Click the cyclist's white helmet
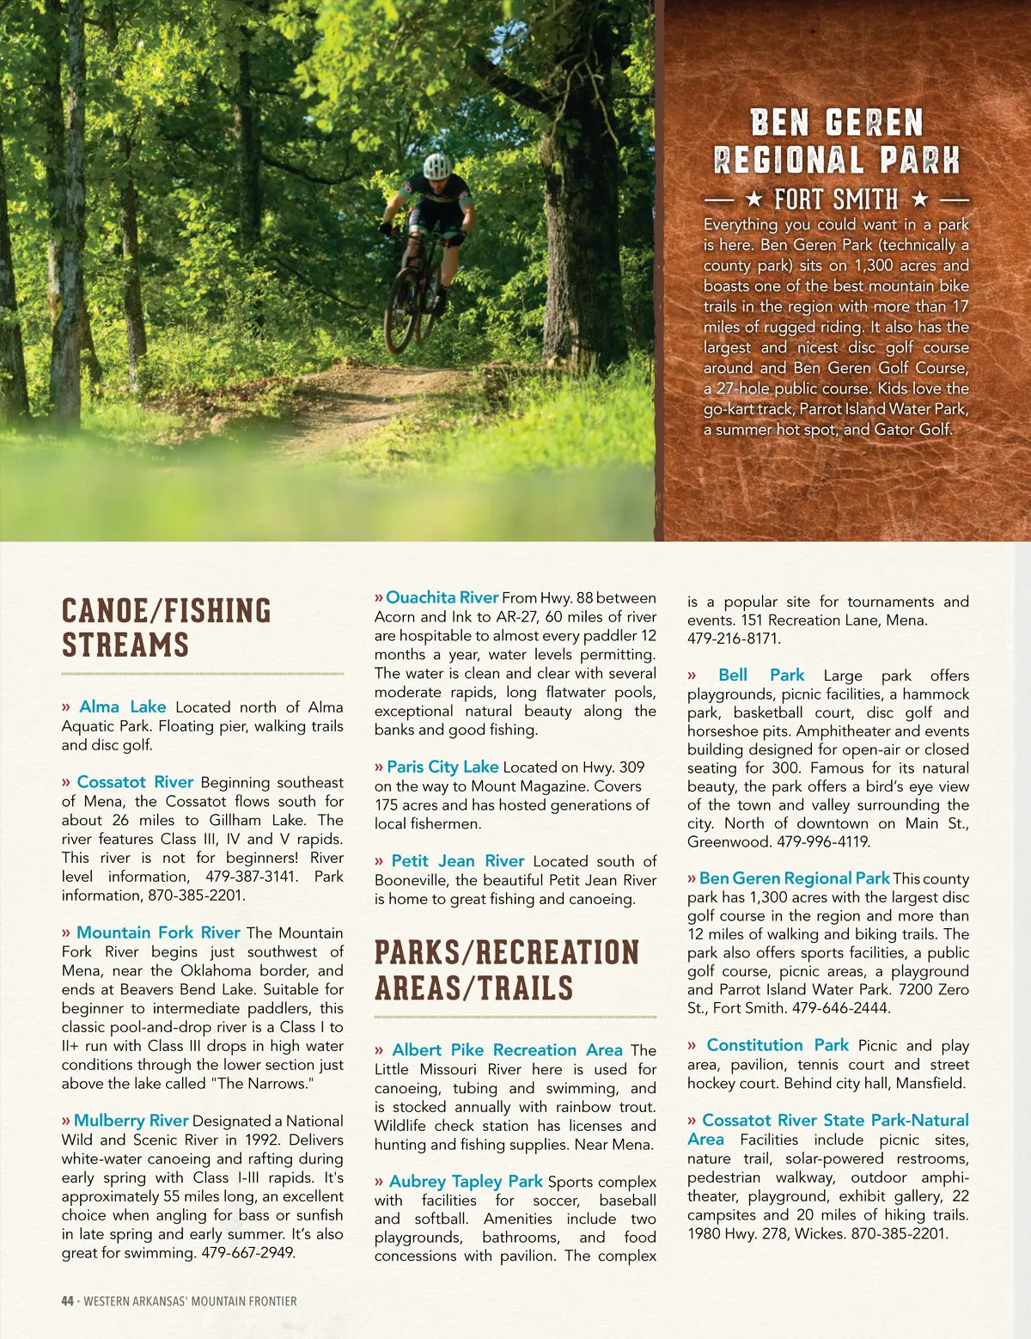pyautogui.click(x=437, y=165)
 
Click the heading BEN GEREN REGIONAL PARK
pyautogui.click(x=836, y=142)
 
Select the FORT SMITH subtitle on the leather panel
pyautogui.click(x=836, y=200)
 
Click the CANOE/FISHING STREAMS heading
pyautogui.click(x=166, y=627)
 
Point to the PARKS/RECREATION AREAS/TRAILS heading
pyautogui.click(x=507, y=970)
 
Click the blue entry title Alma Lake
pyautogui.click(x=122, y=706)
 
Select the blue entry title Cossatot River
pyautogui.click(x=135, y=782)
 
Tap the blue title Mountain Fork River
pyautogui.click(x=158, y=932)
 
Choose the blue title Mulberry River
pyautogui.click(x=131, y=1121)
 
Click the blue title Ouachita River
pyautogui.click(x=442, y=597)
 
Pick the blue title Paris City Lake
pyautogui.click(x=442, y=767)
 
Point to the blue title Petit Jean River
pyautogui.click(x=457, y=861)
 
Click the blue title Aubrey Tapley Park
pyautogui.click(x=466, y=1182)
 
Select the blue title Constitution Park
pyautogui.click(x=777, y=1045)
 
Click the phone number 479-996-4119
pyautogui.click(x=823, y=842)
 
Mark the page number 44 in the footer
pyautogui.click(x=68, y=1301)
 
